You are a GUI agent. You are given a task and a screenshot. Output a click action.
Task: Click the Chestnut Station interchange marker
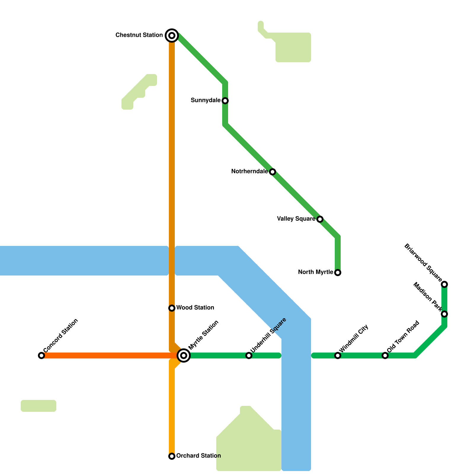pyautogui.click(x=172, y=36)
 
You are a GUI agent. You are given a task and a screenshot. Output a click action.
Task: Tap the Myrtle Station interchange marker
pyautogui.click(x=184, y=355)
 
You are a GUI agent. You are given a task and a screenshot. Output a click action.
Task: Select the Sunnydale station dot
pyautogui.click(x=225, y=101)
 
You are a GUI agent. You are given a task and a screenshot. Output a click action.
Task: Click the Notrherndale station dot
pyautogui.click(x=273, y=172)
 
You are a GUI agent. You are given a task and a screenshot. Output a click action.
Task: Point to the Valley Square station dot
pyautogui.click(x=320, y=219)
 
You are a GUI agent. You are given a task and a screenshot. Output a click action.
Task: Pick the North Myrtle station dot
pyautogui.click(x=338, y=273)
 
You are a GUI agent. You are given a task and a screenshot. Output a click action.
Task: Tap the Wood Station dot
pyautogui.click(x=172, y=308)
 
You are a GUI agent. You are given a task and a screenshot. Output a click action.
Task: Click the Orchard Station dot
pyautogui.click(x=172, y=456)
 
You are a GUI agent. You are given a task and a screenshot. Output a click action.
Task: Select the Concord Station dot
pyautogui.click(x=41, y=355)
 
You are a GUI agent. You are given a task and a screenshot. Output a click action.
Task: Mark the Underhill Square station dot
pyautogui.click(x=249, y=355)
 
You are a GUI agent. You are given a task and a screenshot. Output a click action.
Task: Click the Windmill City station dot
pyautogui.click(x=338, y=355)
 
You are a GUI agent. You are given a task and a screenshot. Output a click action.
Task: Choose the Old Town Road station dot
pyautogui.click(x=385, y=355)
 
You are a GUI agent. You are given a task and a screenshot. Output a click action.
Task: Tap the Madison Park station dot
pyautogui.click(x=444, y=314)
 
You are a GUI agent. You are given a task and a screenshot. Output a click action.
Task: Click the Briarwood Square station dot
pyautogui.click(x=444, y=284)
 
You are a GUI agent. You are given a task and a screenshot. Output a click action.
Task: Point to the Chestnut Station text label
pyautogui.click(x=139, y=35)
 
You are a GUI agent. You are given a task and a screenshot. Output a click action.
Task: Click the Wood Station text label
pyautogui.click(x=195, y=308)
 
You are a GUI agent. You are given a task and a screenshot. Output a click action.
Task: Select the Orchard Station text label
pyautogui.click(x=198, y=456)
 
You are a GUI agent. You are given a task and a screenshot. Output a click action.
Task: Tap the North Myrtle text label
pyautogui.click(x=316, y=272)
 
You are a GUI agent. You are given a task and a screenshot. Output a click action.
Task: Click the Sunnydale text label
pyautogui.click(x=206, y=100)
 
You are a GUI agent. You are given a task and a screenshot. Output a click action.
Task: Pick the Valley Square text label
pyautogui.click(x=296, y=219)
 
